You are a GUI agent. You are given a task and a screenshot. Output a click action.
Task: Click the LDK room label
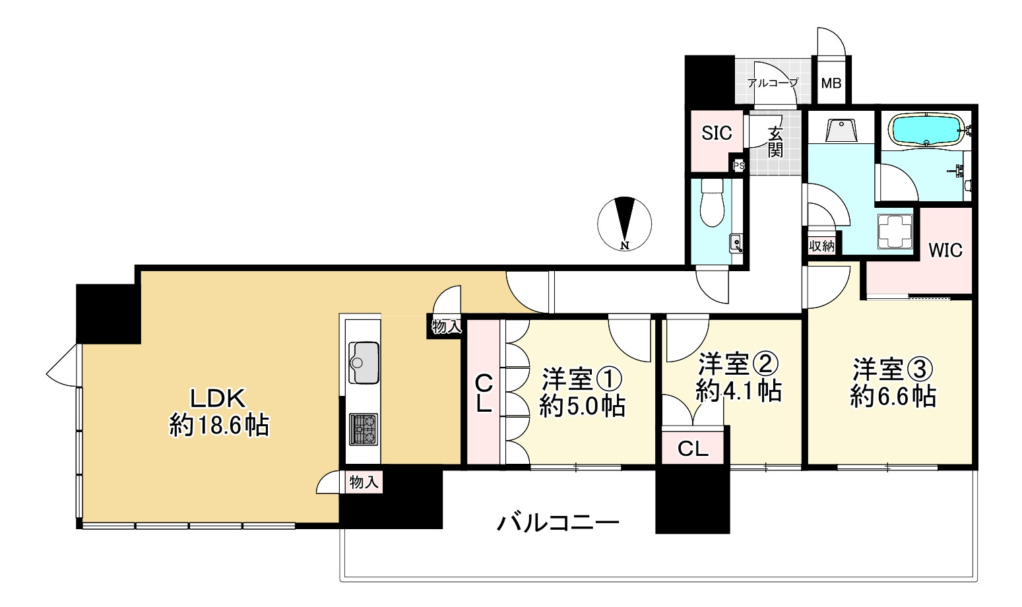coord(218,398)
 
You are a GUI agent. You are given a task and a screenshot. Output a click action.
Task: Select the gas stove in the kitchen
coord(364,429)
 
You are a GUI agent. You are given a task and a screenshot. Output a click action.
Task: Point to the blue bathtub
coord(926,129)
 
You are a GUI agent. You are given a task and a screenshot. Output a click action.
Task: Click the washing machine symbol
coord(895,231)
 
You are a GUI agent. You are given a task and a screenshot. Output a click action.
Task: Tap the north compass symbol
coord(624,224)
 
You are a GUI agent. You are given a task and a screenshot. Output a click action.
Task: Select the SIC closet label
coord(717,133)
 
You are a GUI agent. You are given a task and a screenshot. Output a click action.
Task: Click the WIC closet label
coord(945,251)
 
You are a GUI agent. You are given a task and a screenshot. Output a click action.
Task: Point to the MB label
coord(831,84)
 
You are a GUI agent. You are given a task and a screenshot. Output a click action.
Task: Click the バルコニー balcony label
coord(558,523)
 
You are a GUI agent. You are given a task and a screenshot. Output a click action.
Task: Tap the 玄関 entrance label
coord(775,142)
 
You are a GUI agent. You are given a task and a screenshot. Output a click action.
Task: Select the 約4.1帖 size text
coord(739,392)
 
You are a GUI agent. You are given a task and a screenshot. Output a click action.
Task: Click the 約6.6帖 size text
coord(893,397)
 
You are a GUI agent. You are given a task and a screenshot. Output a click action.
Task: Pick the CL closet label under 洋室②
coord(693,449)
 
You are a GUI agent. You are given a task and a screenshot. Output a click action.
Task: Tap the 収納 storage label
coord(822,246)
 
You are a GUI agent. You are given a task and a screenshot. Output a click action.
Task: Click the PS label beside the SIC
coord(739,166)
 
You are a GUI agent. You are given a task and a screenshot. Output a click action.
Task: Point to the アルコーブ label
coord(773,83)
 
